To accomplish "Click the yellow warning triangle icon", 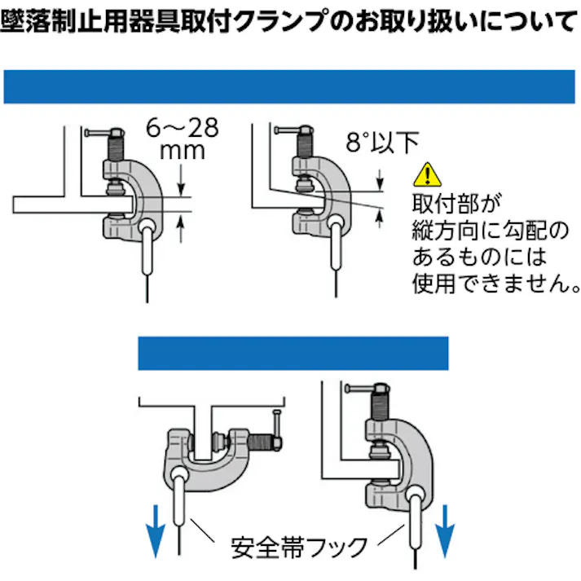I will [x=425, y=174].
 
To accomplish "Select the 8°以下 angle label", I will [x=381, y=143].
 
